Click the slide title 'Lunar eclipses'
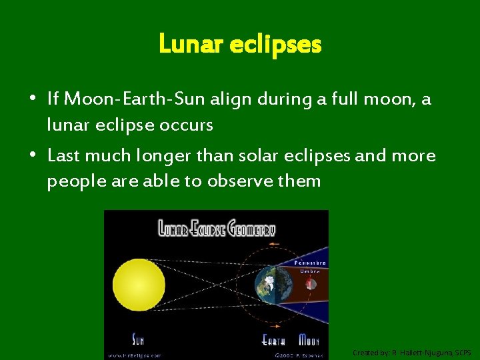(x=240, y=45)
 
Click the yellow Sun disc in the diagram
(x=139, y=285)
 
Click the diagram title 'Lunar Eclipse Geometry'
(x=216, y=229)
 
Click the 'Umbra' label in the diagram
(x=309, y=271)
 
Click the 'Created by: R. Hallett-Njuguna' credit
(x=412, y=352)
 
